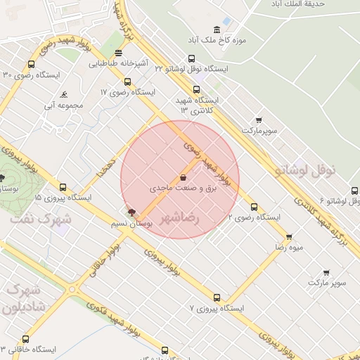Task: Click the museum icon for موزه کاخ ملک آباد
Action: click(217, 30)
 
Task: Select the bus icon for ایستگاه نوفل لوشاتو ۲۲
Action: click(191, 59)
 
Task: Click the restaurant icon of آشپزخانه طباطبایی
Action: click(119, 53)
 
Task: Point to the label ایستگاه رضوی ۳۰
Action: click(31, 75)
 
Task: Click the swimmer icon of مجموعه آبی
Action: click(64, 94)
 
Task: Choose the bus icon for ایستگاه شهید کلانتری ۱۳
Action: click(195, 89)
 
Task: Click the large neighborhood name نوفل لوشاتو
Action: click(308, 169)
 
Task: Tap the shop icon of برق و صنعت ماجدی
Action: click(184, 178)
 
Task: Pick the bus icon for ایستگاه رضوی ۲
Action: click(254, 207)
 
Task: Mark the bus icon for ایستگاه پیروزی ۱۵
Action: click(63, 188)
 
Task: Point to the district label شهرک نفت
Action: click(41, 219)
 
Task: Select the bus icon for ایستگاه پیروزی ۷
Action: click(217, 297)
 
